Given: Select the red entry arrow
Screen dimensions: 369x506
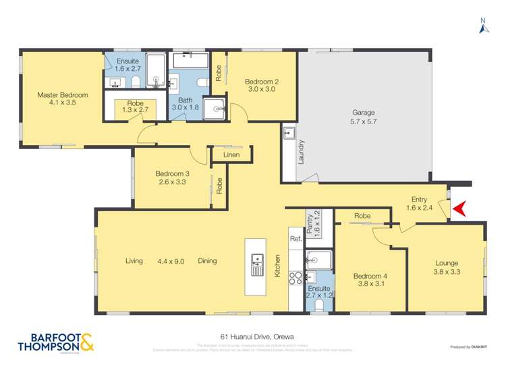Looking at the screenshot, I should (x=459, y=210).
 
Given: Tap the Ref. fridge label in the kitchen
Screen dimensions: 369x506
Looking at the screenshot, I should (x=296, y=239).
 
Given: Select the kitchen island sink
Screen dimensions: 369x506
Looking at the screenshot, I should (x=257, y=264).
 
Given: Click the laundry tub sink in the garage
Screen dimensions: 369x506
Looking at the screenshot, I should (x=289, y=132).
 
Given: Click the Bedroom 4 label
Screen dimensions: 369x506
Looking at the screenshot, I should (x=370, y=280).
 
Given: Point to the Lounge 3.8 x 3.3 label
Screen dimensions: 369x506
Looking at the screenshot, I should (x=446, y=267).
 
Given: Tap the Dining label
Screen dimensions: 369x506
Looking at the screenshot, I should (x=208, y=261).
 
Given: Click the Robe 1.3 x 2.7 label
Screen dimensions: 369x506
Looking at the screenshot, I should (x=130, y=108).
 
